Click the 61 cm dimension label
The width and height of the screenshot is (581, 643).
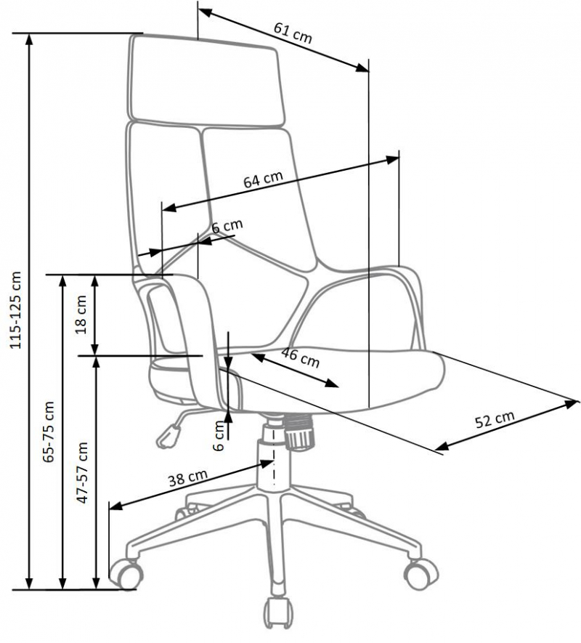click(x=293, y=33)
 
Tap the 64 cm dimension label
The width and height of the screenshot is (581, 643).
click(x=263, y=179)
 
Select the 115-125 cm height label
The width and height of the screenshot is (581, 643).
click(x=16, y=310)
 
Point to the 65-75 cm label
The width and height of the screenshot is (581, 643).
click(x=49, y=432)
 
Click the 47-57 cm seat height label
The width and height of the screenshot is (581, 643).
click(x=82, y=472)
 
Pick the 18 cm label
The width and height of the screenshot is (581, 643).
click(x=81, y=315)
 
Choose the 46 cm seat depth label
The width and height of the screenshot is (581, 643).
click(x=301, y=357)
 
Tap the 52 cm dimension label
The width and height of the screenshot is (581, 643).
click(x=495, y=419)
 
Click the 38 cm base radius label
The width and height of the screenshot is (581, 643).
click(x=188, y=478)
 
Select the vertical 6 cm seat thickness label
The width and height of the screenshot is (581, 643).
click(x=219, y=436)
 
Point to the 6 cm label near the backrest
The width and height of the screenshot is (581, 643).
click(x=227, y=226)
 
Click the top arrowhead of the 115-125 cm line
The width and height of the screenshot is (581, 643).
click(x=29, y=40)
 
